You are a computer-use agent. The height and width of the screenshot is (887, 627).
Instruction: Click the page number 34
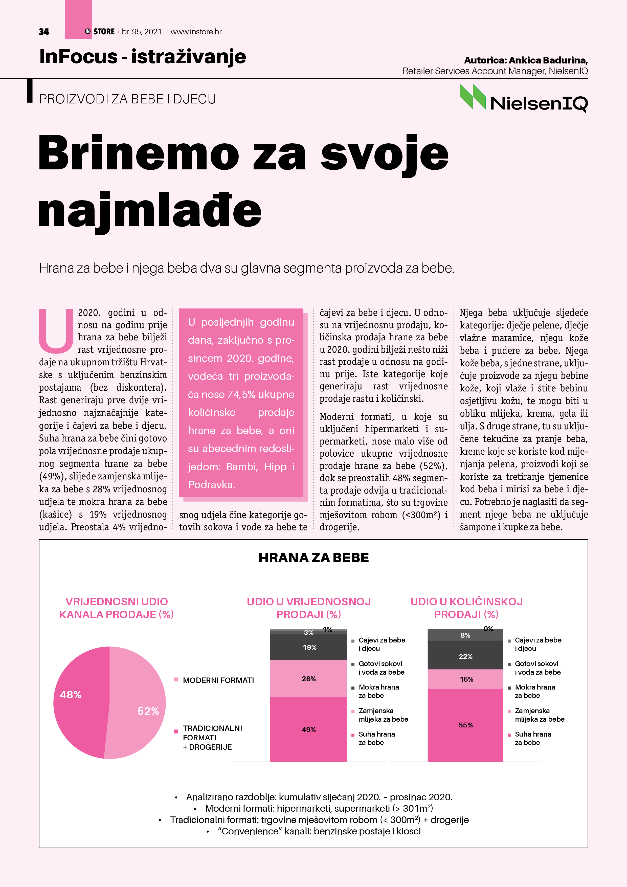[44, 32]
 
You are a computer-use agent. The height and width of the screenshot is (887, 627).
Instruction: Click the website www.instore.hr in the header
[196, 32]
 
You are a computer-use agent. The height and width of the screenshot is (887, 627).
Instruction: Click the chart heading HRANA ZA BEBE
[313, 558]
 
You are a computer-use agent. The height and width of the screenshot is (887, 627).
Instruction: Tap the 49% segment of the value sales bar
[309, 729]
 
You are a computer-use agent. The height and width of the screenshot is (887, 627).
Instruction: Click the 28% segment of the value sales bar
[309, 679]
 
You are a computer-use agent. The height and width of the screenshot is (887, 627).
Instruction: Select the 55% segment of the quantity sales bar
[465, 725]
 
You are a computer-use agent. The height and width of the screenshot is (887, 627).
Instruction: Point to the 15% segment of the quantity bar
[465, 679]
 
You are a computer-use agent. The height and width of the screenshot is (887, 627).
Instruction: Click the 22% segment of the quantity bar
[465, 656]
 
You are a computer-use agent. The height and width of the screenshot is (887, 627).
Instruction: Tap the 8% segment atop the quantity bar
[465, 635]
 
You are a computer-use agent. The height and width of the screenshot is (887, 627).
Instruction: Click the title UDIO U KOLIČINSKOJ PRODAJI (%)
[466, 608]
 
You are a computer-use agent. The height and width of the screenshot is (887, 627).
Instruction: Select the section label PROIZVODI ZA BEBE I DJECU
[127, 99]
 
